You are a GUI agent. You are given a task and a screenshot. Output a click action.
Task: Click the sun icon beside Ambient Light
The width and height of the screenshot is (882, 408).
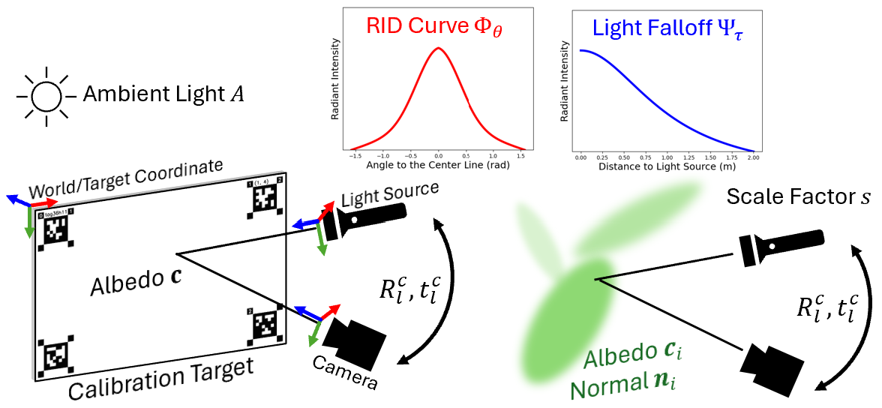point(46,96)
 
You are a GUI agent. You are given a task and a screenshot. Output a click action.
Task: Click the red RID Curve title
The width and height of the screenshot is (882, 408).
point(435,27)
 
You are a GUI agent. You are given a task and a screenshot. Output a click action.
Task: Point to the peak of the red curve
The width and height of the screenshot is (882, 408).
point(439,49)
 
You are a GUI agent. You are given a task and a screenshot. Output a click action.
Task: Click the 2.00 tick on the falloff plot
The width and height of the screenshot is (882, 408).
point(753,158)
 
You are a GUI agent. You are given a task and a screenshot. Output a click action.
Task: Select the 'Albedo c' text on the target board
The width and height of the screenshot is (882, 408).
point(135,285)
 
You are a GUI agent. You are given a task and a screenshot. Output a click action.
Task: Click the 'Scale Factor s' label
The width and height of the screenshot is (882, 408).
point(798,199)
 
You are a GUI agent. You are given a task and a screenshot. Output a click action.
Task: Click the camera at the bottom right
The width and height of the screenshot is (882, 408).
point(777,364)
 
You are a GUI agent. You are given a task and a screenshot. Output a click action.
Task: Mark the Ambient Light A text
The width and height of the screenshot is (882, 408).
point(163,94)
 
